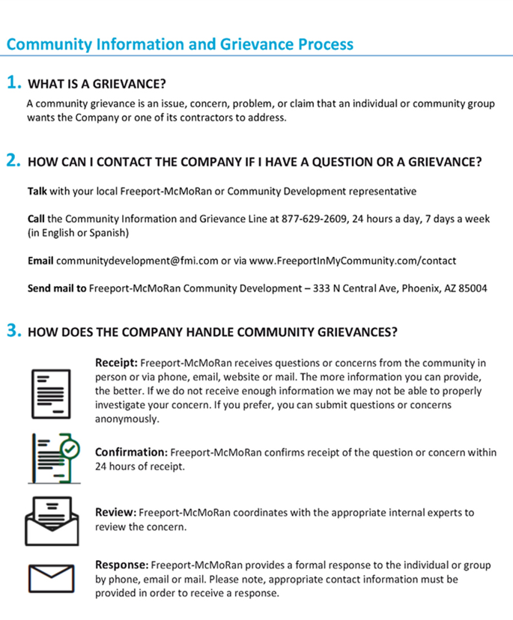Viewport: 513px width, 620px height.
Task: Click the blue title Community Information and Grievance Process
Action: tap(180, 43)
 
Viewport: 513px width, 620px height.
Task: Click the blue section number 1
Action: tap(13, 82)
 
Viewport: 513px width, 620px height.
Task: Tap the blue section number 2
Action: tap(13, 160)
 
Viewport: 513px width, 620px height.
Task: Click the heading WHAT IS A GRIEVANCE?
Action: tap(97, 83)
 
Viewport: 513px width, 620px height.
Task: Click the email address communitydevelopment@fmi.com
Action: tap(137, 261)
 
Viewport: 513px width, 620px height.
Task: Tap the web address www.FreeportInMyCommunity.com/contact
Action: tap(352, 261)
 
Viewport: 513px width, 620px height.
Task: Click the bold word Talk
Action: tap(37, 192)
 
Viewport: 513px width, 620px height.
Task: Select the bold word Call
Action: tap(36, 219)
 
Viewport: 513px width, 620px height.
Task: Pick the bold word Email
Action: tap(40, 261)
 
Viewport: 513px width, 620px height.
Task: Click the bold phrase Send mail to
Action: tap(57, 288)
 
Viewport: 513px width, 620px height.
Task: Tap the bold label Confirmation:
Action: tap(130, 452)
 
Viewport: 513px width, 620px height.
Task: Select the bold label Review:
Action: tap(115, 513)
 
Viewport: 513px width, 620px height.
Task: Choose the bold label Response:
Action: tap(122, 565)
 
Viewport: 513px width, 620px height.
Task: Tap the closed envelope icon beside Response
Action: tap(52, 578)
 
